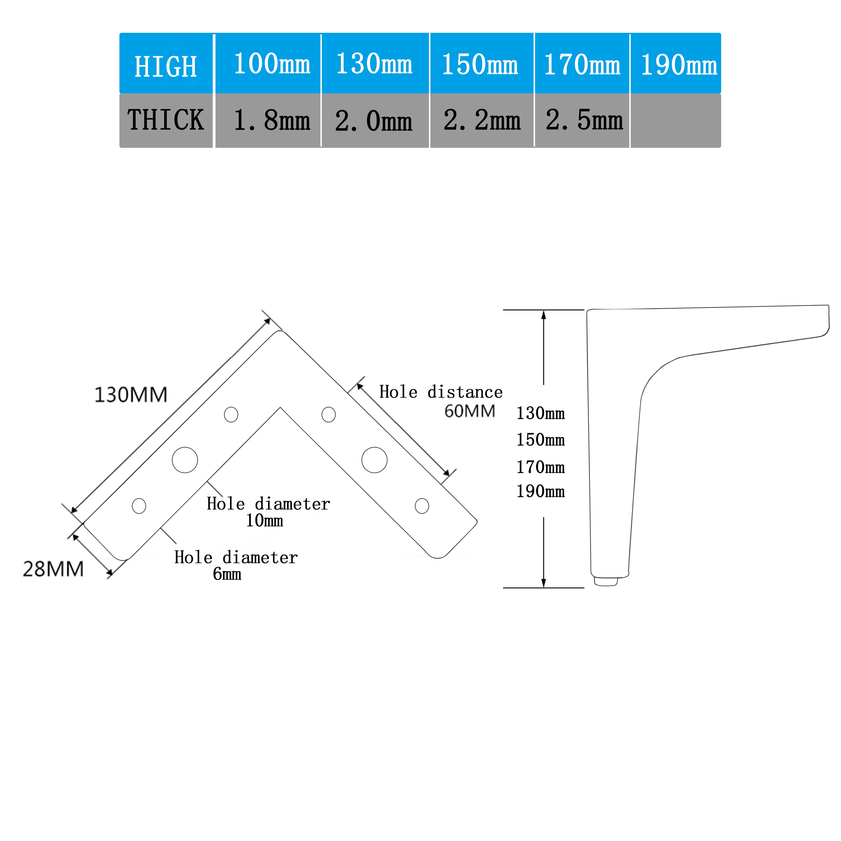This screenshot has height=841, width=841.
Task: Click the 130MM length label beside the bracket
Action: (x=131, y=395)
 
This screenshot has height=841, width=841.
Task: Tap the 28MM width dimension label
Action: (x=53, y=569)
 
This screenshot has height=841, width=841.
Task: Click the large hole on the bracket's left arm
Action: (x=185, y=460)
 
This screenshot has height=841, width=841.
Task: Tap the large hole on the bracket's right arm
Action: (x=374, y=460)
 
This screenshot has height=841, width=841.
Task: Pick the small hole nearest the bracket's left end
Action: (x=139, y=506)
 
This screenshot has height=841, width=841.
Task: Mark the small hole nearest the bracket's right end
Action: (x=422, y=506)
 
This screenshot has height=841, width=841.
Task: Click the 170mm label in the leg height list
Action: (x=540, y=467)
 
